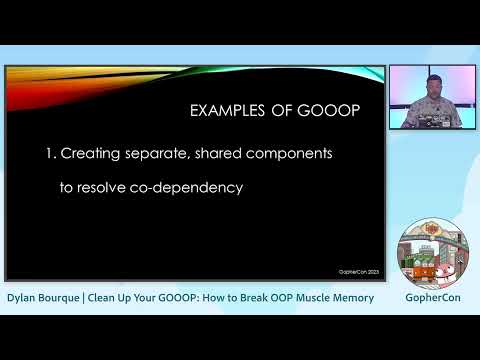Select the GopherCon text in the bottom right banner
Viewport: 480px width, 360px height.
coord(432,298)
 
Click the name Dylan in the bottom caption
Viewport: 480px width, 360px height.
coord(24,298)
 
